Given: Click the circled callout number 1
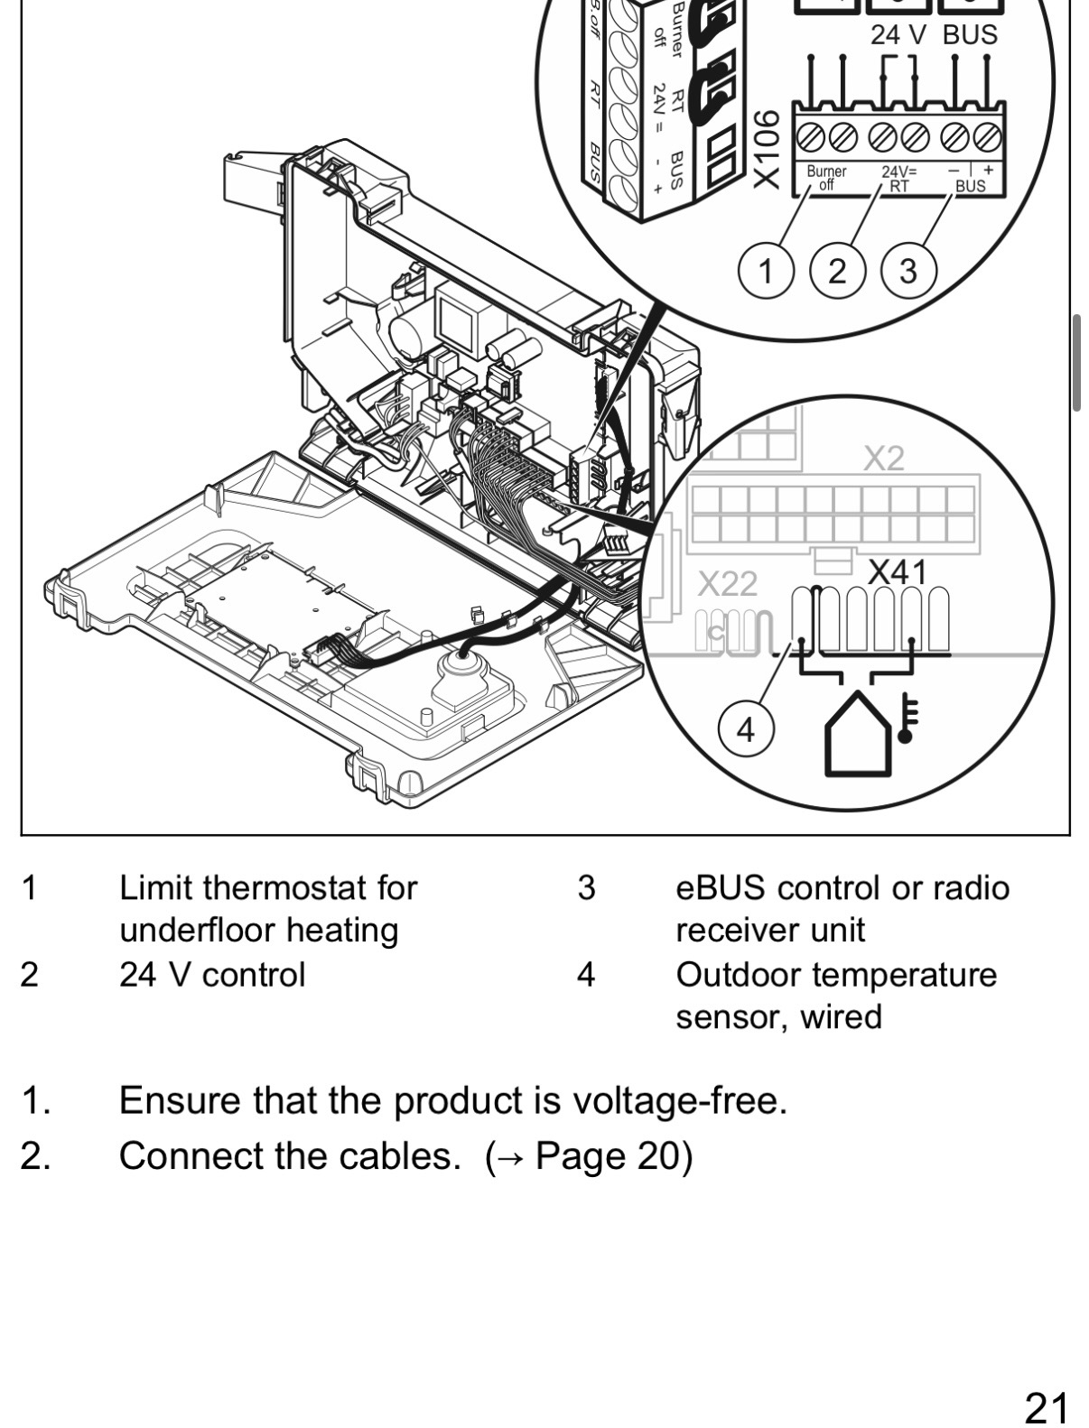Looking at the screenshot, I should point(767,270).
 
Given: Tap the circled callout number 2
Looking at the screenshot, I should point(837,270).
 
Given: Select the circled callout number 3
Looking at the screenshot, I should point(908,270).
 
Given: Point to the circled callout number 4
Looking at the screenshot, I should point(746,729).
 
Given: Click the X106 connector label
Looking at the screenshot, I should point(765,150).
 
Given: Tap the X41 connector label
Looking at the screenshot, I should point(897,572).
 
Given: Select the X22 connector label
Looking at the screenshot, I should point(727,585).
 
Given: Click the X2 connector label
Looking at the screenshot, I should point(883,459).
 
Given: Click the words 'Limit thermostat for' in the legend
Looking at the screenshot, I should point(268,887).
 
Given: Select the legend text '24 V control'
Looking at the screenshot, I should point(212,974).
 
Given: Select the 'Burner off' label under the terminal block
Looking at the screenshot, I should point(826,178).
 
